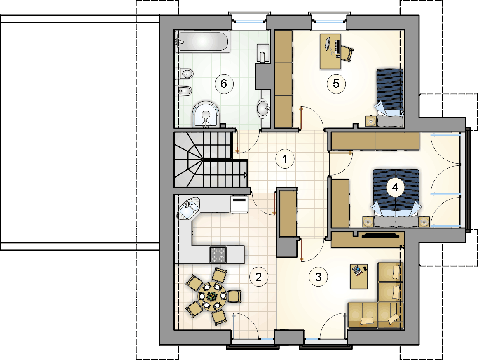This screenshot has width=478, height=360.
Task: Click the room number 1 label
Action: tap(285, 159)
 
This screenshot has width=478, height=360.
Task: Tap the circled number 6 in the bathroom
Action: tap(224, 84)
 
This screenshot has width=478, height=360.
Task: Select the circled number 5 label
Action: tap(336, 84)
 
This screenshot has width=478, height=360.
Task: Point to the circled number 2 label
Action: tap(258, 277)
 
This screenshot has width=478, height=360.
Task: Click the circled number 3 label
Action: tap(318, 277)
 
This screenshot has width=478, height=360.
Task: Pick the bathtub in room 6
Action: tap(202, 42)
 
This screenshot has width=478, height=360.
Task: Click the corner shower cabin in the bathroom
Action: tap(206, 114)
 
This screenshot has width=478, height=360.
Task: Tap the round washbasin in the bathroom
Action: tap(263, 108)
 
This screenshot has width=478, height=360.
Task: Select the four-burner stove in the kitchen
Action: tap(218, 254)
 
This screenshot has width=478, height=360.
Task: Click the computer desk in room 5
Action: tap(330, 51)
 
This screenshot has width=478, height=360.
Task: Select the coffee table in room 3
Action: tap(359, 276)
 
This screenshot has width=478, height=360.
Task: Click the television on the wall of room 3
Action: tap(380, 235)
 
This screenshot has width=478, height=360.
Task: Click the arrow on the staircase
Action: tap(245, 175)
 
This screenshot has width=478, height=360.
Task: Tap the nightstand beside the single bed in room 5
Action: tap(371, 121)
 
